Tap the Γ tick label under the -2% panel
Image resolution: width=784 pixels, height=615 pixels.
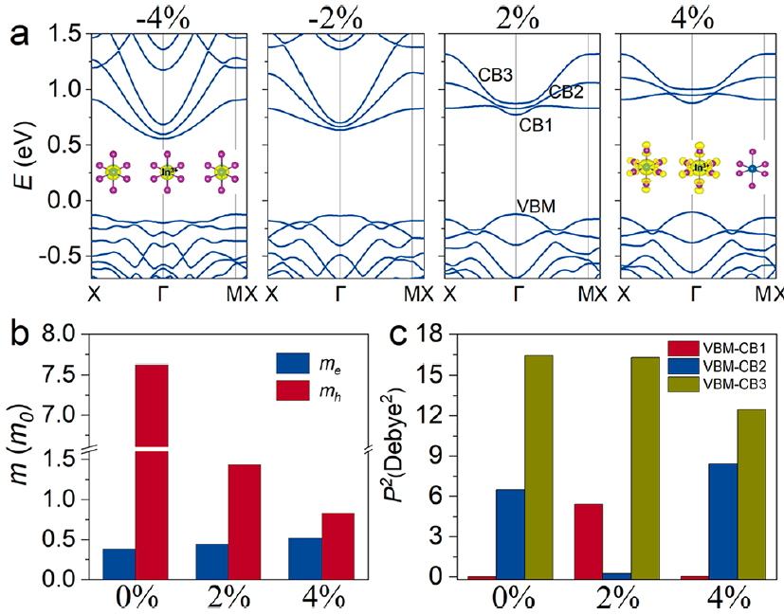[x=341, y=294]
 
